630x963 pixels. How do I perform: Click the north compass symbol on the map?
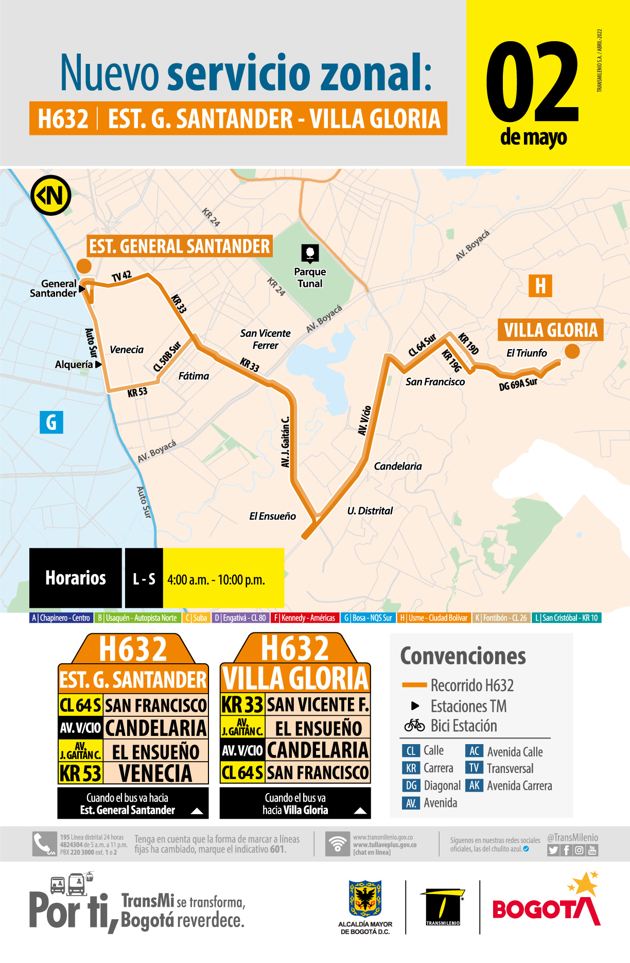[50, 196]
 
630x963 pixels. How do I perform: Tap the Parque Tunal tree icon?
[310, 253]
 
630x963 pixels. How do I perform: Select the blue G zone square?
[51, 422]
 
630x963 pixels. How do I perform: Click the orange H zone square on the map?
[540, 286]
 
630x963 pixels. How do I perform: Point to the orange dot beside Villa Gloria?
[572, 351]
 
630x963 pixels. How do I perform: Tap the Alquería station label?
[74, 365]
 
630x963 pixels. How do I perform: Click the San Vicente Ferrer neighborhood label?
[265, 339]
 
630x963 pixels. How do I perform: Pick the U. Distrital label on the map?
[370, 511]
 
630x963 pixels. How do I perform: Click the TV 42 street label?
[121, 277]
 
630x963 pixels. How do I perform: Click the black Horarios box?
[76, 578]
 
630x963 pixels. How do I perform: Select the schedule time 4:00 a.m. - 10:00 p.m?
[216, 580]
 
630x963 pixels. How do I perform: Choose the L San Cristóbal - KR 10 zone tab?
[566, 618]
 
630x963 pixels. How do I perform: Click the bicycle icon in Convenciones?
[414, 726]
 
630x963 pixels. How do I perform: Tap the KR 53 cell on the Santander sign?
[80, 773]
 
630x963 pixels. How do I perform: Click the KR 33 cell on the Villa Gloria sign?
[242, 704]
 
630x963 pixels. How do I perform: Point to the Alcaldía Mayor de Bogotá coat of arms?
[365, 899]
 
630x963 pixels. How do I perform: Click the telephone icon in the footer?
[44, 844]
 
